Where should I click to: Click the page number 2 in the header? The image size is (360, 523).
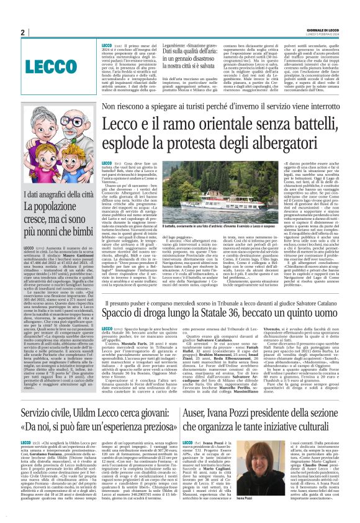click(22, 33)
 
